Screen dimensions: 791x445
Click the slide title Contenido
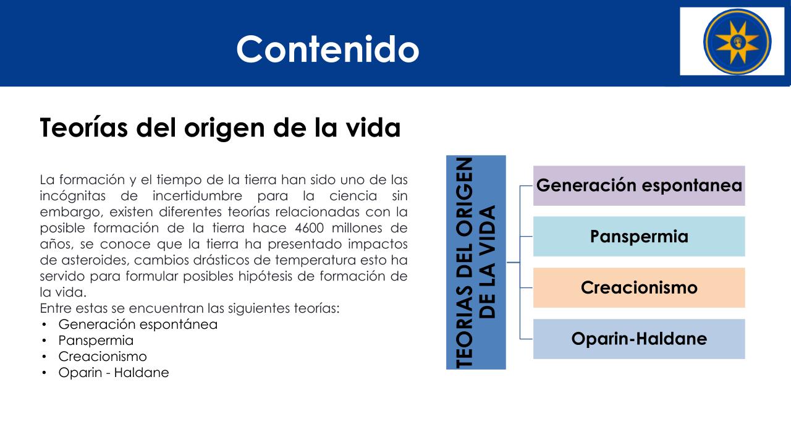[x=328, y=49]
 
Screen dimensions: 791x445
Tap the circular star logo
[x=737, y=41]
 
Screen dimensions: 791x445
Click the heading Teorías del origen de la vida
[x=221, y=128]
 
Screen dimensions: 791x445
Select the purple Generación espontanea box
[x=639, y=186]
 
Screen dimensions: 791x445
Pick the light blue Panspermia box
[x=639, y=236]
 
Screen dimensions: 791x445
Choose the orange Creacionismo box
[x=639, y=287]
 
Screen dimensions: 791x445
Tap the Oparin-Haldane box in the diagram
[x=639, y=339]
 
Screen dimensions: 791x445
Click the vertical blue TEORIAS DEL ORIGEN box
[x=476, y=263]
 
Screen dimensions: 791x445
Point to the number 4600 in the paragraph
[x=310, y=228]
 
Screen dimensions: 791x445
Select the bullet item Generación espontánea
[x=138, y=324]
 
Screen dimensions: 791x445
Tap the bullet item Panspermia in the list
[x=96, y=341]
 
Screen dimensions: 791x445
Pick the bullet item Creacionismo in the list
[x=103, y=357]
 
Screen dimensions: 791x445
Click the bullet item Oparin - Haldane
[x=114, y=373]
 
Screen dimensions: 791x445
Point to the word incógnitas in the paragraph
[x=73, y=196]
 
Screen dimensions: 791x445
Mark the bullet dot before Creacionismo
[x=44, y=357]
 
